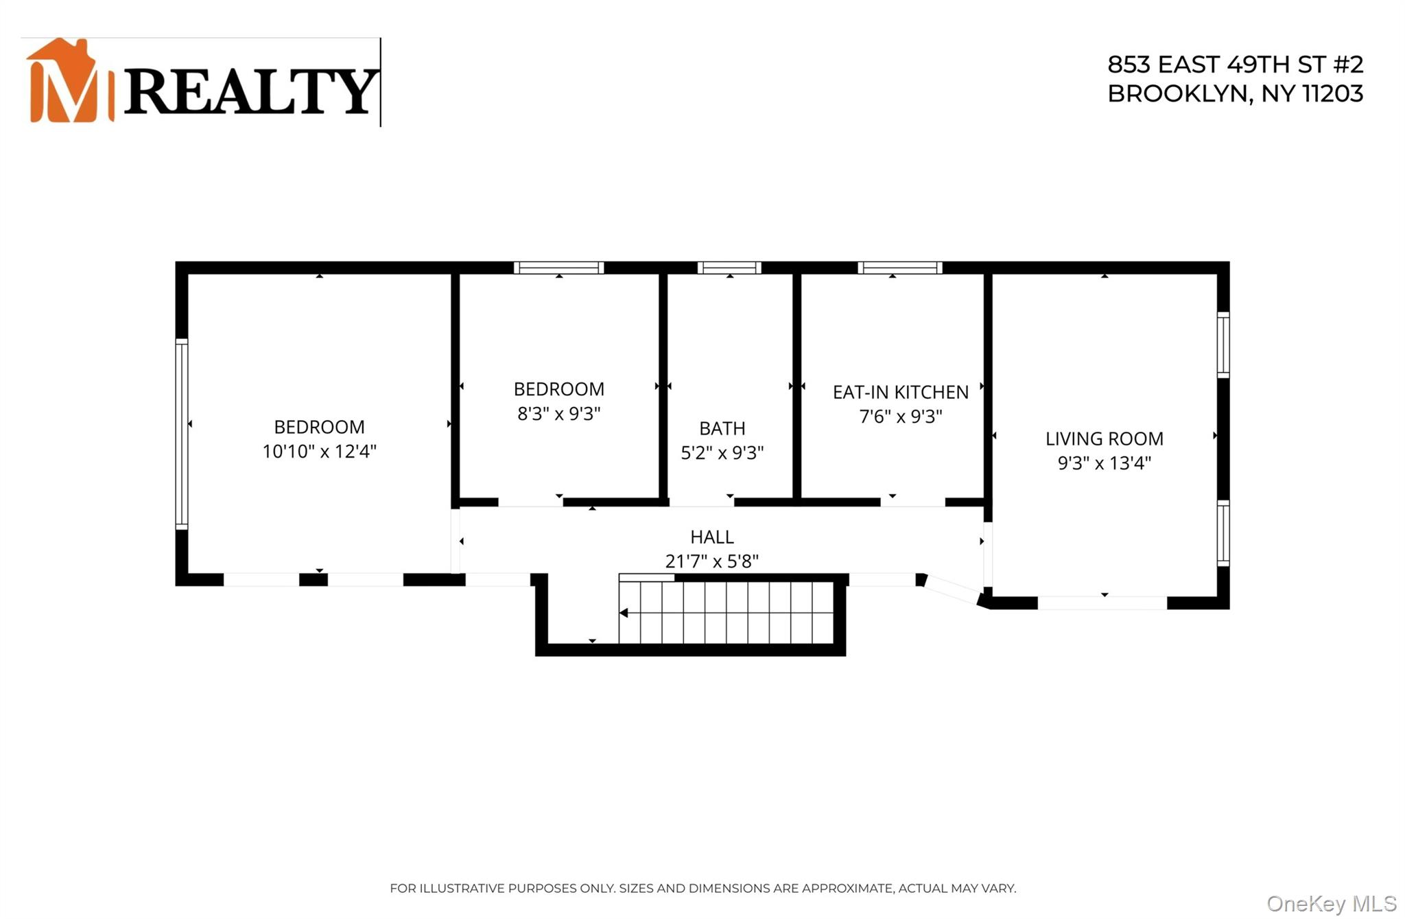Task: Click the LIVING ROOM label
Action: click(1104, 439)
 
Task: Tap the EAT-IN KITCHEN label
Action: click(900, 392)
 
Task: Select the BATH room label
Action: click(722, 428)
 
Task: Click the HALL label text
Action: click(711, 537)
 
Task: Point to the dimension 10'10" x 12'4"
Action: click(319, 451)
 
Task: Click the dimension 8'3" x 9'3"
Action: click(558, 413)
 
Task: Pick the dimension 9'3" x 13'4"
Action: click(1104, 463)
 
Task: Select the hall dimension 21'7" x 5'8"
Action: click(711, 561)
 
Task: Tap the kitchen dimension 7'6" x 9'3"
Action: click(900, 417)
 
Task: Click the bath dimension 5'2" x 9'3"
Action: click(722, 453)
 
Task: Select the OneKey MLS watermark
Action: click(1331, 903)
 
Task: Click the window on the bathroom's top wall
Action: click(729, 268)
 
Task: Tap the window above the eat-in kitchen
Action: click(899, 268)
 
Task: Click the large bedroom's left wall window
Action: click(182, 434)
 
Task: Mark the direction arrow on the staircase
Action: click(624, 613)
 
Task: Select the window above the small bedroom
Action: click(558, 268)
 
